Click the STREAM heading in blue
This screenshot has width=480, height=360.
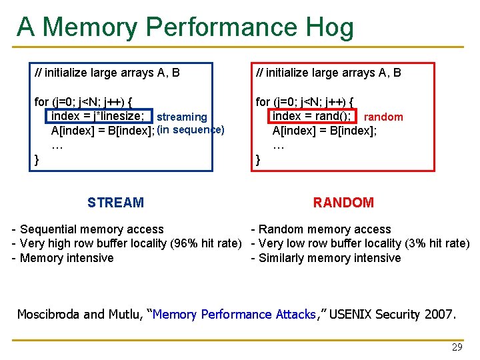(x=115, y=203)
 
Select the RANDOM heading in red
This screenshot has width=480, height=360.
(x=343, y=203)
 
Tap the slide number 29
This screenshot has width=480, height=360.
(x=457, y=347)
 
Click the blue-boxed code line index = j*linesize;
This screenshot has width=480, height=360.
(x=97, y=117)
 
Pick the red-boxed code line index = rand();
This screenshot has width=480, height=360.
(x=312, y=117)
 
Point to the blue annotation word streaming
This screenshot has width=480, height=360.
(x=181, y=117)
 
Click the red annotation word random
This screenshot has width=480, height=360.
(x=383, y=117)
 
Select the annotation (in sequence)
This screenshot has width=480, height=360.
(x=191, y=129)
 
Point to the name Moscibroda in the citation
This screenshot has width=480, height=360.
(x=47, y=314)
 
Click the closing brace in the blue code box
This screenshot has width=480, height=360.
(x=37, y=160)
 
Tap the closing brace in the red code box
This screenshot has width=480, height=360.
(x=259, y=160)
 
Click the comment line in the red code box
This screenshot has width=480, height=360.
(x=329, y=73)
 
